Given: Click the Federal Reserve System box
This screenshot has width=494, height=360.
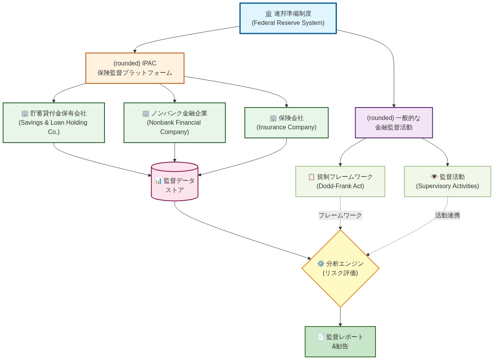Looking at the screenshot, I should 288,18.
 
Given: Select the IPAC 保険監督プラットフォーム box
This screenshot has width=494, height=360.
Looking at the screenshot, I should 135,68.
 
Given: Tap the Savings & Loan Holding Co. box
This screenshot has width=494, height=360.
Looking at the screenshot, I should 53,123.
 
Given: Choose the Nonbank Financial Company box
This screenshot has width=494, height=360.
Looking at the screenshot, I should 174,123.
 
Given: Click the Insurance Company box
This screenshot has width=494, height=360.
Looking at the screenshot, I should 286,123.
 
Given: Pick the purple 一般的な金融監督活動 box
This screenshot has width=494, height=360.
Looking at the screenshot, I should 393,123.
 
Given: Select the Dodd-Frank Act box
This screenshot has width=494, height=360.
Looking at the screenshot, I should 340,182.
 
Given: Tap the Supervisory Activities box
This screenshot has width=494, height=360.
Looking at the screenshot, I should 447,182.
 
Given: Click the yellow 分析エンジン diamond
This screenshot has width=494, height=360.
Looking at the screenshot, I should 340,268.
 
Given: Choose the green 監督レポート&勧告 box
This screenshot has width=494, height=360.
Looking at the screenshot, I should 340,342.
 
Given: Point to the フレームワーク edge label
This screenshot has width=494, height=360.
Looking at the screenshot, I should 340,215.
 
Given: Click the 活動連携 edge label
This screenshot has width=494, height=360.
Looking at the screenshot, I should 447,215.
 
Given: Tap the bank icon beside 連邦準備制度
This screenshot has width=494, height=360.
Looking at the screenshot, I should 269,14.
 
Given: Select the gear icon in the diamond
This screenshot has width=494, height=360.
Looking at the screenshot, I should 320,264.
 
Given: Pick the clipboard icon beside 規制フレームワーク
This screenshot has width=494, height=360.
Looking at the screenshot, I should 311,177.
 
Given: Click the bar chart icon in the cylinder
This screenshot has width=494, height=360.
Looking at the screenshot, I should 158,181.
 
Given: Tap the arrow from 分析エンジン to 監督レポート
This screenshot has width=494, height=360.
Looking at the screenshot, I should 340,317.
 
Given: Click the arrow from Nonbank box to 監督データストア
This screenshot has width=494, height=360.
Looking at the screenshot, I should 174,152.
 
